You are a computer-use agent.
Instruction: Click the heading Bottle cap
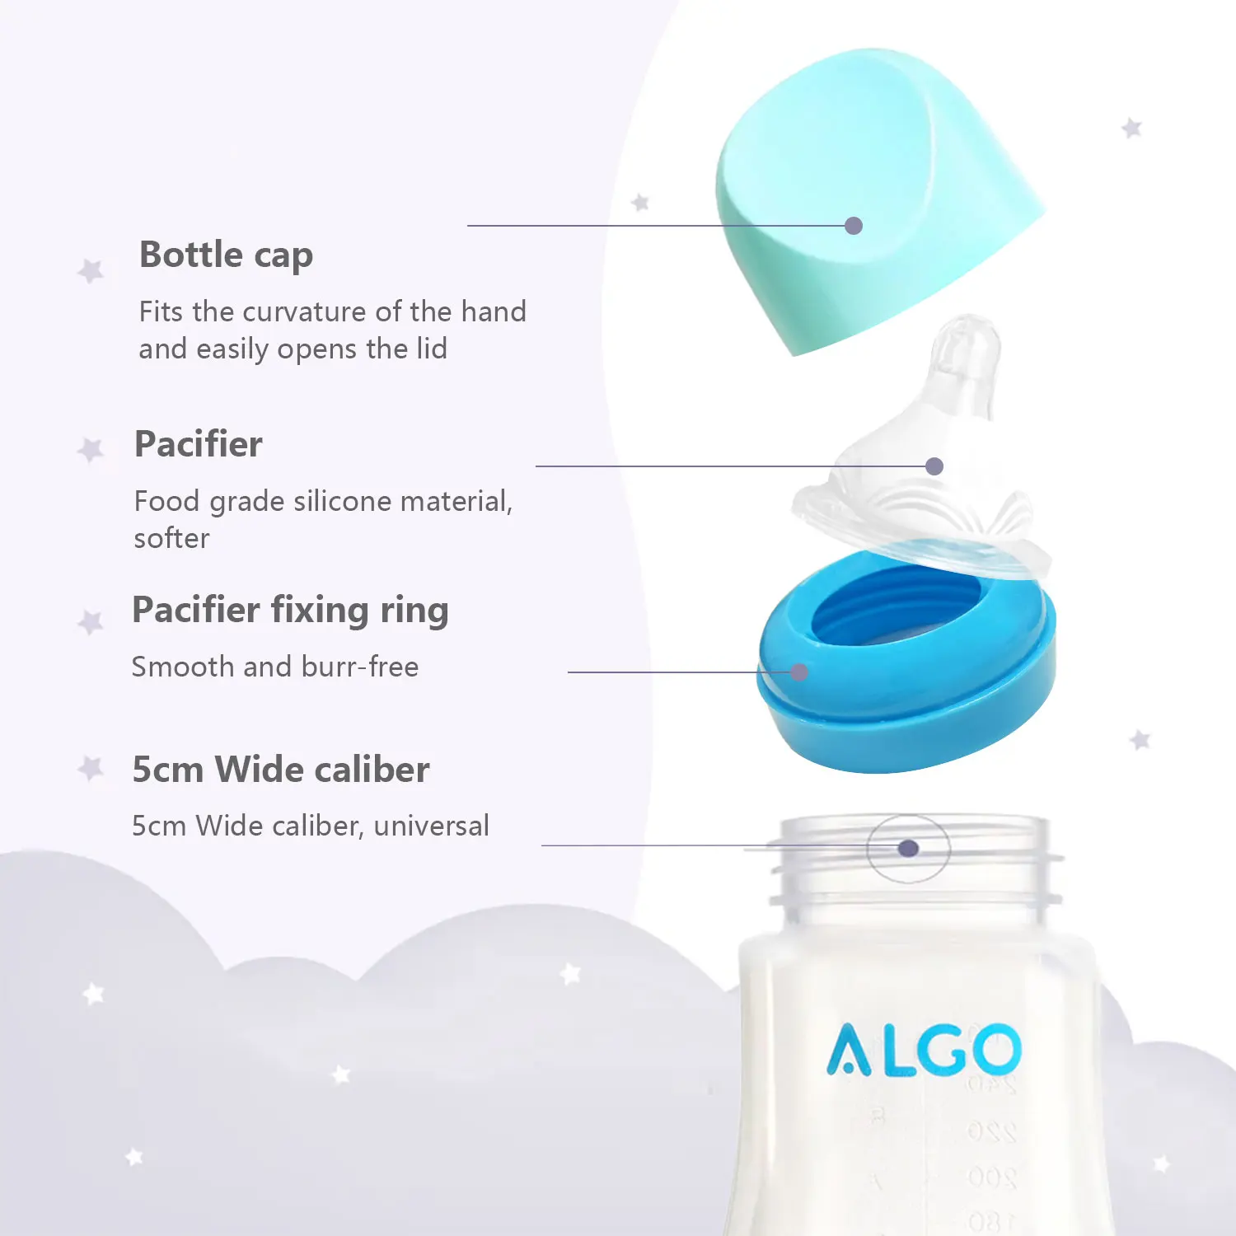pos(226,255)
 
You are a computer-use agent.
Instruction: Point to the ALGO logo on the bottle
pos(924,1050)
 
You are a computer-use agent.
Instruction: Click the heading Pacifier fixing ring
pos(290,611)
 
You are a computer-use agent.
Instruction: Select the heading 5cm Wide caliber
pos(281,770)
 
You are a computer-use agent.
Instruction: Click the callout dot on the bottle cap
pos(854,226)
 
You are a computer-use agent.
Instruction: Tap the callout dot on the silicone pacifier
pos(934,466)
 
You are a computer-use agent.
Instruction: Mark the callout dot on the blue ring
pos(798,672)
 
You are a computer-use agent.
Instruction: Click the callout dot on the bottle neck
pos(908,848)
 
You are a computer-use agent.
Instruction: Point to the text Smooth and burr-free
pos(275,667)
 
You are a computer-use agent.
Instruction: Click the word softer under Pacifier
pos(171,539)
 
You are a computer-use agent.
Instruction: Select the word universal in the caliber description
pos(431,826)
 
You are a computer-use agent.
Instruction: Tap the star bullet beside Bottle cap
pos(91,270)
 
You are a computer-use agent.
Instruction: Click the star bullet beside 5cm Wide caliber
pos(91,769)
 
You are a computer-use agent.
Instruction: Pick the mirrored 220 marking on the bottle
pos(991,1131)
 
